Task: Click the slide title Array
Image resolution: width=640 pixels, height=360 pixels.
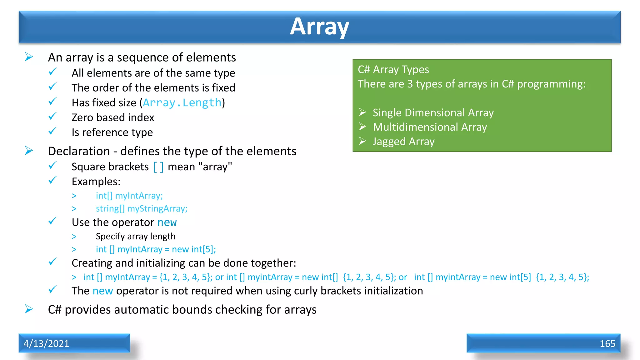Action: pyautogui.click(x=319, y=27)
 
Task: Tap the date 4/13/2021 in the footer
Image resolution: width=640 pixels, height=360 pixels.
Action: pyautogui.click(x=46, y=343)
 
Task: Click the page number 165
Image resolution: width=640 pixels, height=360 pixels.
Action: pyautogui.click(x=607, y=343)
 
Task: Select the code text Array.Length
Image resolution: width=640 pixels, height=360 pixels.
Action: pyautogui.click(x=182, y=103)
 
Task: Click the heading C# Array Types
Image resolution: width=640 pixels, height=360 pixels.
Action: pyautogui.click(x=393, y=69)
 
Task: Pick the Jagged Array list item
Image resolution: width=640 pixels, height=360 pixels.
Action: pyautogui.click(x=403, y=142)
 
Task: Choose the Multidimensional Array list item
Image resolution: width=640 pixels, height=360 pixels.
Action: pyautogui.click(x=430, y=127)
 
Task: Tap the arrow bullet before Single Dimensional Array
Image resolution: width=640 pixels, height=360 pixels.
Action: pyautogui.click(x=362, y=112)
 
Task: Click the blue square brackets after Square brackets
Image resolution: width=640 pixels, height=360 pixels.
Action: pyautogui.click(x=158, y=167)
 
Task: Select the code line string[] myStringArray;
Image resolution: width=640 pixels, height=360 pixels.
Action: pyautogui.click(x=142, y=208)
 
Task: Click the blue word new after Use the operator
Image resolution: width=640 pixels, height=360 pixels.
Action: pyautogui.click(x=167, y=222)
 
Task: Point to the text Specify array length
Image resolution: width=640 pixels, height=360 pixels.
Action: pyautogui.click(x=135, y=236)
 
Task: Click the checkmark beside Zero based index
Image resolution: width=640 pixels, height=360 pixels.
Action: pyautogui.click(x=52, y=117)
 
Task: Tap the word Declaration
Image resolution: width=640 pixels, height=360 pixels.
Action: pyautogui.click(x=79, y=151)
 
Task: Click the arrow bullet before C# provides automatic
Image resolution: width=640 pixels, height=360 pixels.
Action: pyautogui.click(x=29, y=309)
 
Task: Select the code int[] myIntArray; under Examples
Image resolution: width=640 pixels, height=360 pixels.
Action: pyautogui.click(x=129, y=196)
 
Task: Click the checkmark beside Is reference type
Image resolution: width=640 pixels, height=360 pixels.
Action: pyautogui.click(x=52, y=131)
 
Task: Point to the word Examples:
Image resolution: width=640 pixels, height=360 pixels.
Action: pyautogui.click(x=96, y=182)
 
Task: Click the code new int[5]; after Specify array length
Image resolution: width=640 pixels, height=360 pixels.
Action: pyautogui.click(x=194, y=249)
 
